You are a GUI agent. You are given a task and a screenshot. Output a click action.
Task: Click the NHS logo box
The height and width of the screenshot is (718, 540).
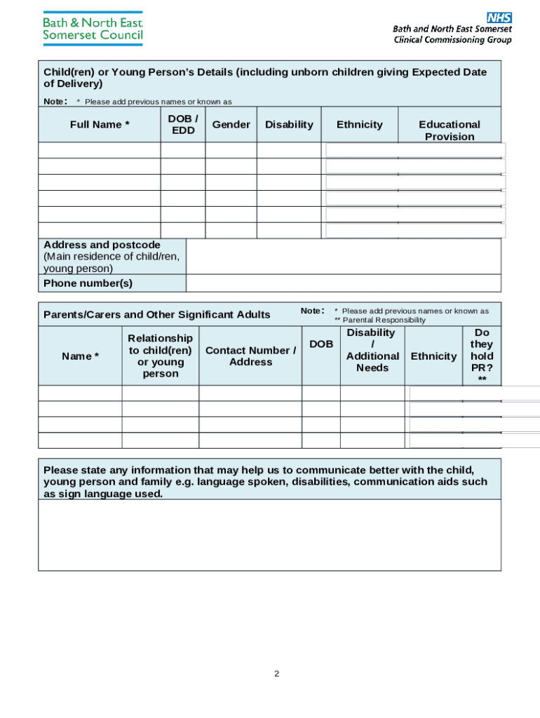[499, 18]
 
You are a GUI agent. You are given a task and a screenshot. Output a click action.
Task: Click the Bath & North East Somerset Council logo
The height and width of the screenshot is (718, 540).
[93, 29]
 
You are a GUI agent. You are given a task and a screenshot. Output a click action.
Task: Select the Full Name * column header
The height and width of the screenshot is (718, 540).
[100, 124]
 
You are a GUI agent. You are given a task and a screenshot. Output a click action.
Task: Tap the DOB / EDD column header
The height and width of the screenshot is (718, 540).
[183, 124]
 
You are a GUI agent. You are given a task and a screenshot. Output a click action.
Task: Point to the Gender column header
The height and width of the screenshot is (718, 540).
[231, 124]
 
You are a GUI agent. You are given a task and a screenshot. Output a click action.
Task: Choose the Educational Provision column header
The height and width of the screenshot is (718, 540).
[450, 130]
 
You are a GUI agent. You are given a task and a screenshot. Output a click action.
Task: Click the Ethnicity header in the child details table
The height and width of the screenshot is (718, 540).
[359, 124]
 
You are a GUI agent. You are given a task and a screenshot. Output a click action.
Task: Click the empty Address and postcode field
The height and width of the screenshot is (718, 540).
[344, 256]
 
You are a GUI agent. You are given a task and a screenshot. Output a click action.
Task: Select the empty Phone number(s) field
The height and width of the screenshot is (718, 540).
[344, 283]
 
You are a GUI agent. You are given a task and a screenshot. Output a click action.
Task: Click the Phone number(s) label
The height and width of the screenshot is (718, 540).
[88, 283]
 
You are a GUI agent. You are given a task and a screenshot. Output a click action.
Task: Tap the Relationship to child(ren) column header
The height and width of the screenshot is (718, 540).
[160, 355]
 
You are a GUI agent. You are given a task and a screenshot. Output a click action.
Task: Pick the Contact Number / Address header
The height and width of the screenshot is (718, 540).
[250, 355]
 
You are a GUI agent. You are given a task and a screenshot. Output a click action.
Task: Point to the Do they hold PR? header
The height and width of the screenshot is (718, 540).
[482, 355]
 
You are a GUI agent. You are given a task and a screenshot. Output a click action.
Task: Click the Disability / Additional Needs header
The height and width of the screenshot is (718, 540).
[372, 350]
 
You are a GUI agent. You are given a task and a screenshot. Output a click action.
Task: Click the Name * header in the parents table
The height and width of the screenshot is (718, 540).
[80, 355]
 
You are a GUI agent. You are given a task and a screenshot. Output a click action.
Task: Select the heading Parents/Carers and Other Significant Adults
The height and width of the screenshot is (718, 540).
[156, 314]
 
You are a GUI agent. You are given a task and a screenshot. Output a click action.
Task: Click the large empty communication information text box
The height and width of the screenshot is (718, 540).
[269, 534]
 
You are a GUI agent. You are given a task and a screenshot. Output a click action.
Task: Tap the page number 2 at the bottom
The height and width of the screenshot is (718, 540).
[276, 674]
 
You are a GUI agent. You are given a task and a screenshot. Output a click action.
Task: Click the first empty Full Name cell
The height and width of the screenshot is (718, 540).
[100, 150]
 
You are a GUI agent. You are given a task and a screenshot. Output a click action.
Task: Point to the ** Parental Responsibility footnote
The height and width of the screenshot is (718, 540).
[379, 320]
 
